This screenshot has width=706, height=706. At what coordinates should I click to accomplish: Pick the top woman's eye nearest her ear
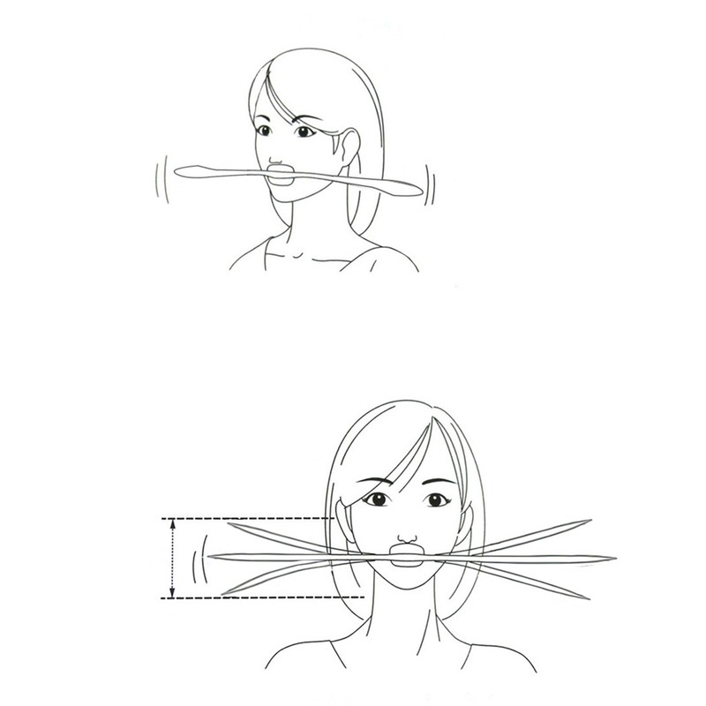tap(305, 132)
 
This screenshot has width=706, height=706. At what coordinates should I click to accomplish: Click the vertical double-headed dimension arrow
tap(173, 558)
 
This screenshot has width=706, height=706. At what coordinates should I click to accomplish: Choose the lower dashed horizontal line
tap(256, 598)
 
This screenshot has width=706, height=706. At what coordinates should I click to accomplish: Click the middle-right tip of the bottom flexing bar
tap(613, 559)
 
